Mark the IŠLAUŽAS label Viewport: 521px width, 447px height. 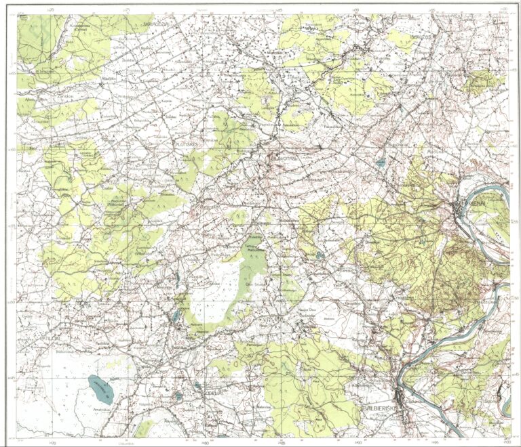(x=421, y=38)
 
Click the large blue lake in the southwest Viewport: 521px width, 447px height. (x=100, y=389)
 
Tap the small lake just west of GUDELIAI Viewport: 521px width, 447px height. (x=178, y=395)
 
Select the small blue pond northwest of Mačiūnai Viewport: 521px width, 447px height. (x=381, y=163)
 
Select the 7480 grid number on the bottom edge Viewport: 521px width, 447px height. (x=204, y=442)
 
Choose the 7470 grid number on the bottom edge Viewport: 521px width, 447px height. (x=52, y=442)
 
